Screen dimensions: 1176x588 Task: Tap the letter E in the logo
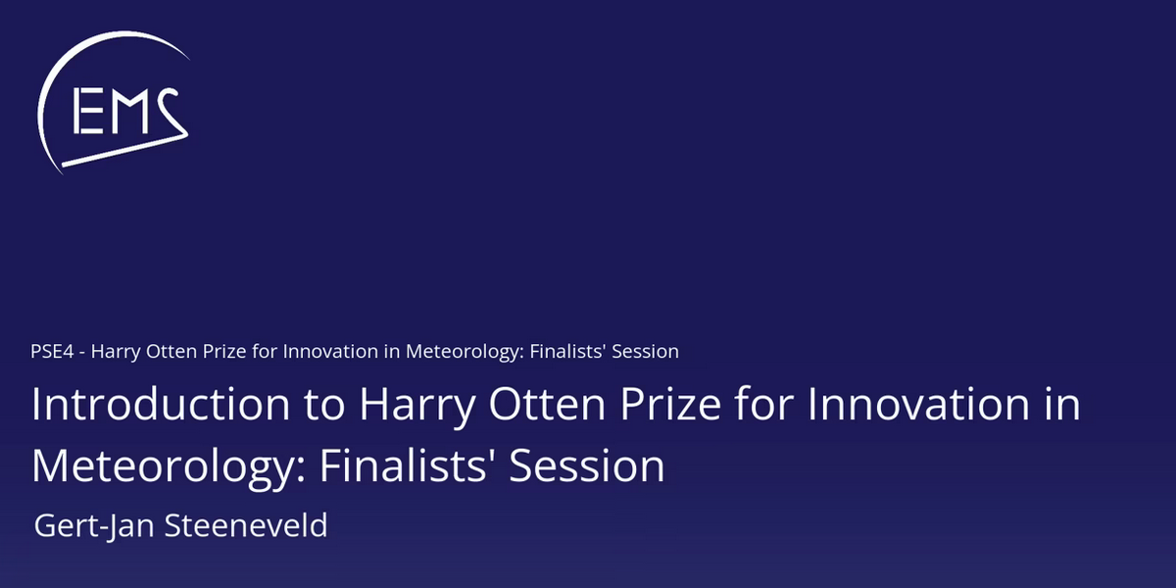[x=88, y=111]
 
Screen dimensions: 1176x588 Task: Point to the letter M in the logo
[x=129, y=111]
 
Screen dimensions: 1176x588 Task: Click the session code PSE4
[x=52, y=351]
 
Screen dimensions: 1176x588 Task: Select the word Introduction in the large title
[x=161, y=404]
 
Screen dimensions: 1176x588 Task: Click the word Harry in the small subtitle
[x=116, y=352]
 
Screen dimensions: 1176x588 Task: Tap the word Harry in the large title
[x=417, y=407]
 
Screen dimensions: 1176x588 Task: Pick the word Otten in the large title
[x=547, y=404]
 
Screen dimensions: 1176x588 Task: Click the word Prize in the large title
[x=670, y=404]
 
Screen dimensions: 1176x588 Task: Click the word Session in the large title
[x=587, y=465]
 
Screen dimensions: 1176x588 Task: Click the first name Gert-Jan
[x=94, y=526]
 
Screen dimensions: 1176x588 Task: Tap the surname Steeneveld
[x=246, y=525]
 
